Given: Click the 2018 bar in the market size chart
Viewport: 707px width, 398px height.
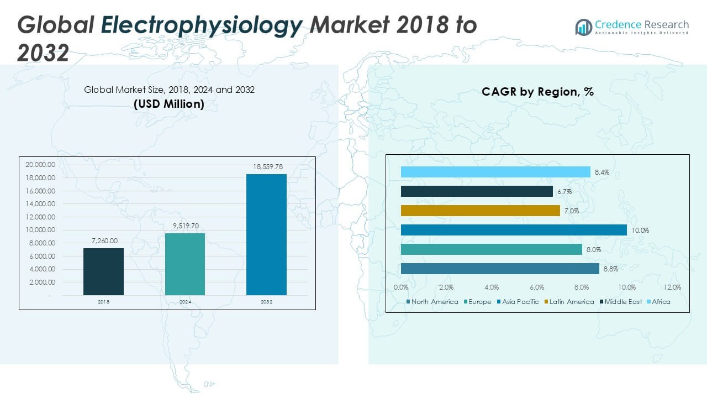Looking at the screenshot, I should coord(103,271).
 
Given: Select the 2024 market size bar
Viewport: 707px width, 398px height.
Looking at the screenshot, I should coord(185,264).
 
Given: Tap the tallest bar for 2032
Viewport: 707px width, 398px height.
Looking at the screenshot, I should coord(266,234).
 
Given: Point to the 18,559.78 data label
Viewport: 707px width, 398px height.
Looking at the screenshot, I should coord(266,167).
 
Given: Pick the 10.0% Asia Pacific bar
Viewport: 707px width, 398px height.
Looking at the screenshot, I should coord(514,230).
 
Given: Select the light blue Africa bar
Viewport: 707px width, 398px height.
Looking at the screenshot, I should coord(495,172).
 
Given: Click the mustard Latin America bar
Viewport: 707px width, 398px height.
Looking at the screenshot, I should coord(480,211).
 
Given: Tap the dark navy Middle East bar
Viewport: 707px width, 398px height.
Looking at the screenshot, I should coord(477,191).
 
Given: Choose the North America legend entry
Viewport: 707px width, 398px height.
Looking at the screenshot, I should coord(432,302).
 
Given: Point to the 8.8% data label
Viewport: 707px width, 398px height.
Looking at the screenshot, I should coord(610,269).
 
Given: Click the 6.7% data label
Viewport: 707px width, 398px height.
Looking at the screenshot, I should coord(564,192).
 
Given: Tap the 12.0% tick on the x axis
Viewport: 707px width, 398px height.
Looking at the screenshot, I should coord(672,287).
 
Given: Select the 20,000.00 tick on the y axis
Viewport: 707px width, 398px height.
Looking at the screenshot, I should coord(40,165).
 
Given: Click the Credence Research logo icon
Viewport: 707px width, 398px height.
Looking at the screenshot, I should coord(583,27).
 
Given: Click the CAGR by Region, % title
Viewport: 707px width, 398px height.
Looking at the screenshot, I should coord(537,92).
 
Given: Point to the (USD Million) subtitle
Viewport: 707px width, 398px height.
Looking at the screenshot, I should coord(169,104).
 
